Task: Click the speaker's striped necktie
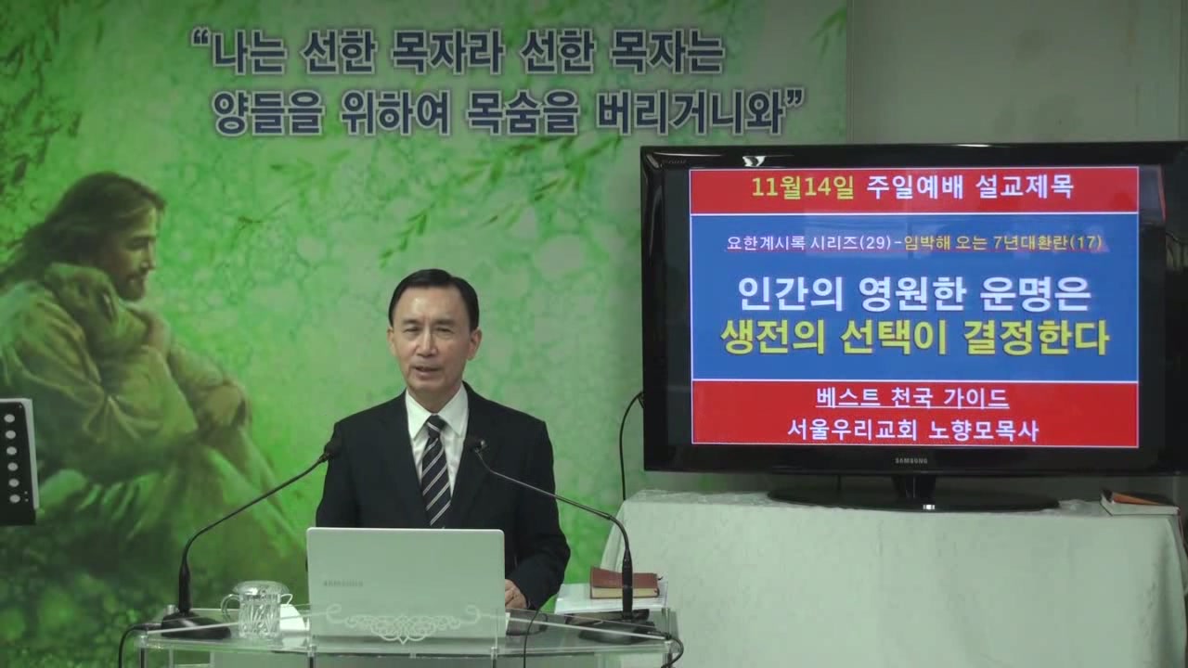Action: (x=435, y=472)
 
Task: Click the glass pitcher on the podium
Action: (x=253, y=610)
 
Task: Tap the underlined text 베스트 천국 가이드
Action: (x=912, y=398)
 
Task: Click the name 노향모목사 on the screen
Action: (x=983, y=431)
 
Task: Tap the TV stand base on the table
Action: (x=912, y=496)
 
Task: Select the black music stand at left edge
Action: (x=18, y=461)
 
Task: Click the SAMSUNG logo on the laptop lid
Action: (x=343, y=584)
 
